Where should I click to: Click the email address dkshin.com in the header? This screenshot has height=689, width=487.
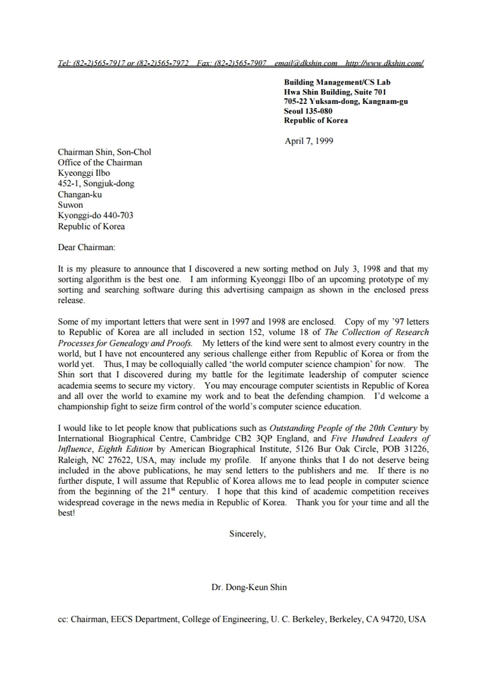pyautogui.click(x=306, y=63)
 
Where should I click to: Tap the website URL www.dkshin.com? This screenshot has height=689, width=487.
pyautogui.click(x=384, y=63)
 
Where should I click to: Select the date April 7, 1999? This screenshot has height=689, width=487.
pyautogui.click(x=308, y=141)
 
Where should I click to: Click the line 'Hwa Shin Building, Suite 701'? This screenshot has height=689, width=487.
pyautogui.click(x=334, y=92)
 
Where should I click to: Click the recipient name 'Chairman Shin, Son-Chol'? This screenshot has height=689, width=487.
pyautogui.click(x=104, y=152)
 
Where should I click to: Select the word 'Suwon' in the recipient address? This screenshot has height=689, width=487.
pyautogui.click(x=70, y=205)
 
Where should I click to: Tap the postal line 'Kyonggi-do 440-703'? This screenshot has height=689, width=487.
pyautogui.click(x=95, y=216)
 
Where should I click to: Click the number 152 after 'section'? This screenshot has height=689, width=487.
pyautogui.click(x=254, y=332)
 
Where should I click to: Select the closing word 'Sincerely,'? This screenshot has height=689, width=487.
pyautogui.click(x=247, y=533)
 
